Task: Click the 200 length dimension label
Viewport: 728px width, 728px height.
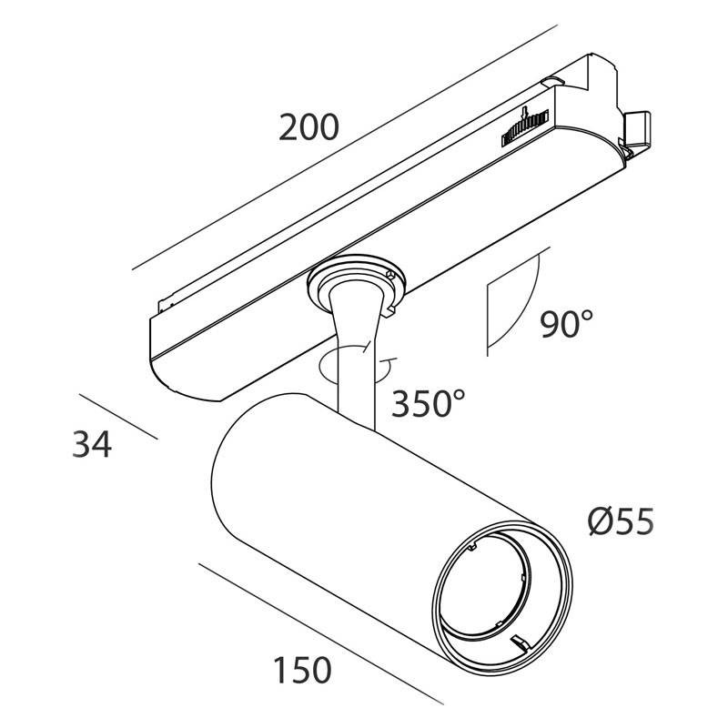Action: (x=308, y=127)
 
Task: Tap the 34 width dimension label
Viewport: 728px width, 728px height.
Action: (x=92, y=444)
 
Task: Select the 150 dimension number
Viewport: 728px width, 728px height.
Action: (x=302, y=670)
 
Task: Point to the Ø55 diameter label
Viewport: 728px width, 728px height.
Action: (x=621, y=521)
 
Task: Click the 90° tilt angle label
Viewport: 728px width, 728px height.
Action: (x=566, y=324)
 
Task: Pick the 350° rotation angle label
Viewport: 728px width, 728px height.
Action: (x=428, y=403)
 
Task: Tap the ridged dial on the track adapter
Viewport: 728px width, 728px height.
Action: (x=525, y=128)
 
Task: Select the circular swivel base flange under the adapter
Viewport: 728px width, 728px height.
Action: (x=356, y=282)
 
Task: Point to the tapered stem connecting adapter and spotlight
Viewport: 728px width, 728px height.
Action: (x=355, y=353)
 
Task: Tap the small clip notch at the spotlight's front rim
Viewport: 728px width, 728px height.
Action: (x=520, y=642)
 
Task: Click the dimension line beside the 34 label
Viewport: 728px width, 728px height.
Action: (x=118, y=417)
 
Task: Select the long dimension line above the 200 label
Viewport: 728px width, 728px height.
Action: (x=345, y=147)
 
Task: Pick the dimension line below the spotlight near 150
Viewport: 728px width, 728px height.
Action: (x=320, y=633)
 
